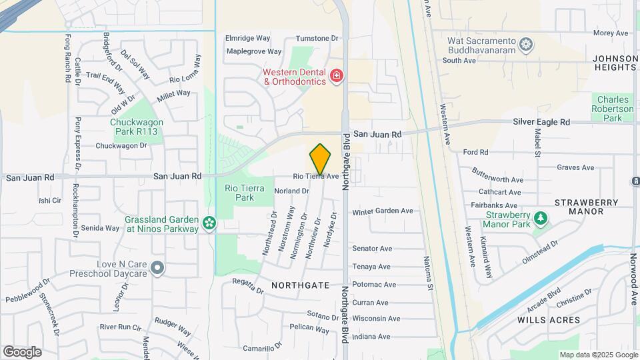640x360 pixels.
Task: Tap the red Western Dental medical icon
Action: [336, 76]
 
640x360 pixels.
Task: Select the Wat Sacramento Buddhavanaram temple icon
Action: [527, 45]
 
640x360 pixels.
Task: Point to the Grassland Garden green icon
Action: [209, 223]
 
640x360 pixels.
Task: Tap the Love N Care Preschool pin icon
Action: [157, 268]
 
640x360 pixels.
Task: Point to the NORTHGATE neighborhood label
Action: [301, 285]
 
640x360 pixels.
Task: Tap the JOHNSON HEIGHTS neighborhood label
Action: [614, 63]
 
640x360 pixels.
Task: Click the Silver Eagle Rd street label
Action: [541, 122]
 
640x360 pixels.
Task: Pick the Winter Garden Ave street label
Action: [383, 211]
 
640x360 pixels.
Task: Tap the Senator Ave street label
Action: [371, 249]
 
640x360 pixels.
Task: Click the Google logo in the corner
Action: [22, 351]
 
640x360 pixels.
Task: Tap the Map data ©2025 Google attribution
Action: [598, 355]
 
